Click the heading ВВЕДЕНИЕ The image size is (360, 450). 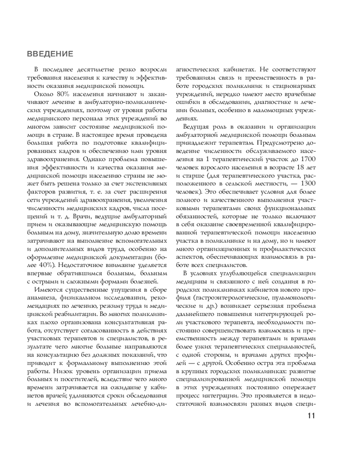50,54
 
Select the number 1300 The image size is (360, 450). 306,184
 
